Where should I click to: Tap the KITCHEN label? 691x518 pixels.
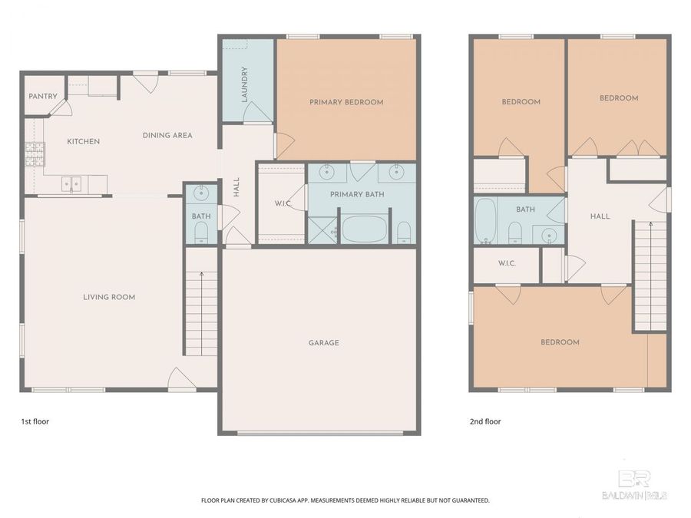coord(83,141)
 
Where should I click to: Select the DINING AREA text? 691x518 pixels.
coord(167,136)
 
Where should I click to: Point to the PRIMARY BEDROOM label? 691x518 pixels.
coord(346,102)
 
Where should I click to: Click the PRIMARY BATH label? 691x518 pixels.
coord(357,195)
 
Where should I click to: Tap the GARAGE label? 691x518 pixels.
coord(323,343)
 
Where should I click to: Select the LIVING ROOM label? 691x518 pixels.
coord(109,297)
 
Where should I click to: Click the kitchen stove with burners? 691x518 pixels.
coord(35,155)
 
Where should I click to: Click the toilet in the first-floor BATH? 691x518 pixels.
coord(201,234)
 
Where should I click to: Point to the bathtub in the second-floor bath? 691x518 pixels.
coord(484,220)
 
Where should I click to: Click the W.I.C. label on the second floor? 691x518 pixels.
coord(506,263)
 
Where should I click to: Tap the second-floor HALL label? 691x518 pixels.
coord(600,216)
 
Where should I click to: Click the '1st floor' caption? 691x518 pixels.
coord(35,421)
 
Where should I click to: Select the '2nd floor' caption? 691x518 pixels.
coord(485,421)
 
